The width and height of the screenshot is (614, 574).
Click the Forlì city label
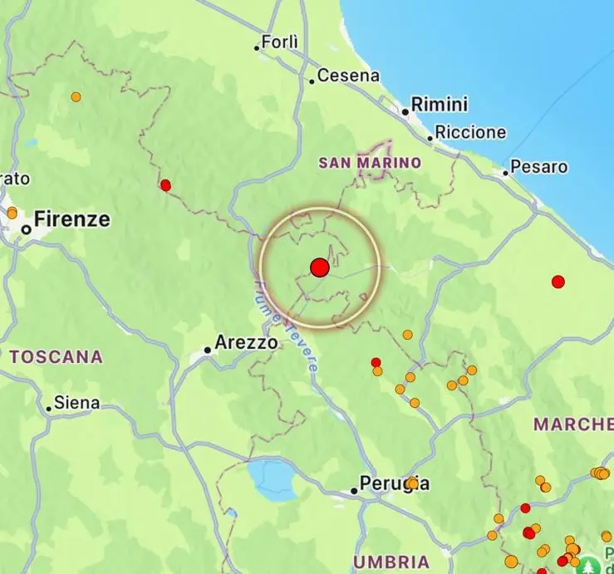click(x=278, y=42)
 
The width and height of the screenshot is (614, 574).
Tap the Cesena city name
click(x=348, y=76)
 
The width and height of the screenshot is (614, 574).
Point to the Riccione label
click(x=470, y=132)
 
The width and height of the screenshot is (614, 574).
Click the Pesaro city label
click(x=539, y=167)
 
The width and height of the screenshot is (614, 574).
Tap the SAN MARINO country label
click(x=370, y=163)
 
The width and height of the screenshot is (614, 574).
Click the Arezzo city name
click(x=246, y=342)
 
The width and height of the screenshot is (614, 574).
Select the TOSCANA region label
click(x=56, y=357)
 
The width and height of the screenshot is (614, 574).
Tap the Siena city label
click(x=76, y=404)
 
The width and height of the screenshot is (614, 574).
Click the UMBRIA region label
click(x=391, y=562)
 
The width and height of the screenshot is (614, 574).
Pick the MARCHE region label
click(x=572, y=424)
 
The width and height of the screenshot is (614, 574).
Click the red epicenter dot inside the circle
click(x=320, y=267)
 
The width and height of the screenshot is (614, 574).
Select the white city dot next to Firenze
click(x=27, y=229)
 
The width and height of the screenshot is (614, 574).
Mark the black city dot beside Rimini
click(x=405, y=111)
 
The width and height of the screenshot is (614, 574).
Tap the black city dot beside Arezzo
click(x=208, y=350)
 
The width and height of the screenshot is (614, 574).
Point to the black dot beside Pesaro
click(x=505, y=174)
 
